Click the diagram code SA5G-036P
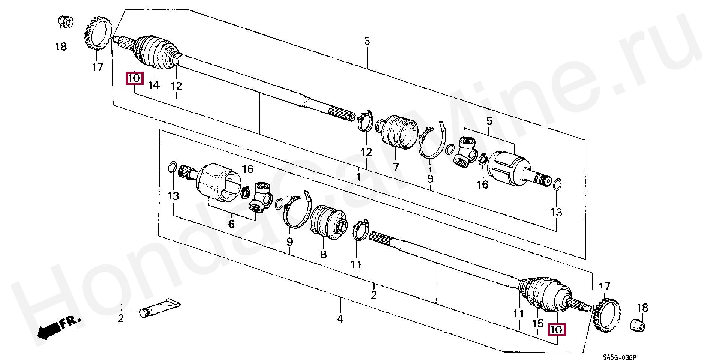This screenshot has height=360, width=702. pyautogui.click(x=619, y=357)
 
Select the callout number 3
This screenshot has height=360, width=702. pyautogui.click(x=367, y=41)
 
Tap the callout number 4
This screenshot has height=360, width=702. pyautogui.click(x=340, y=319)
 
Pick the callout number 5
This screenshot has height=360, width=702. pyautogui.click(x=489, y=121)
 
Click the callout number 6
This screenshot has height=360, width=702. pyautogui.click(x=231, y=224)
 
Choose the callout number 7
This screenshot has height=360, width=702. pyautogui.click(x=396, y=166)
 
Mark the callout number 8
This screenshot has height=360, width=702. pyautogui.click(x=323, y=254)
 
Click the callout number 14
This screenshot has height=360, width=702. pyautogui.click(x=153, y=85)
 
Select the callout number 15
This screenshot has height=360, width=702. pyautogui.click(x=538, y=323)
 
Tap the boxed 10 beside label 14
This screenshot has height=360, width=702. pyautogui.click(x=134, y=78)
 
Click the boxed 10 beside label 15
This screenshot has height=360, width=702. pyautogui.click(x=556, y=330)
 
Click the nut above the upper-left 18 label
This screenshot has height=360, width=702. pyautogui.click(x=66, y=21)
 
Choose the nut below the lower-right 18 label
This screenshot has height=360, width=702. pyautogui.click(x=637, y=325)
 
